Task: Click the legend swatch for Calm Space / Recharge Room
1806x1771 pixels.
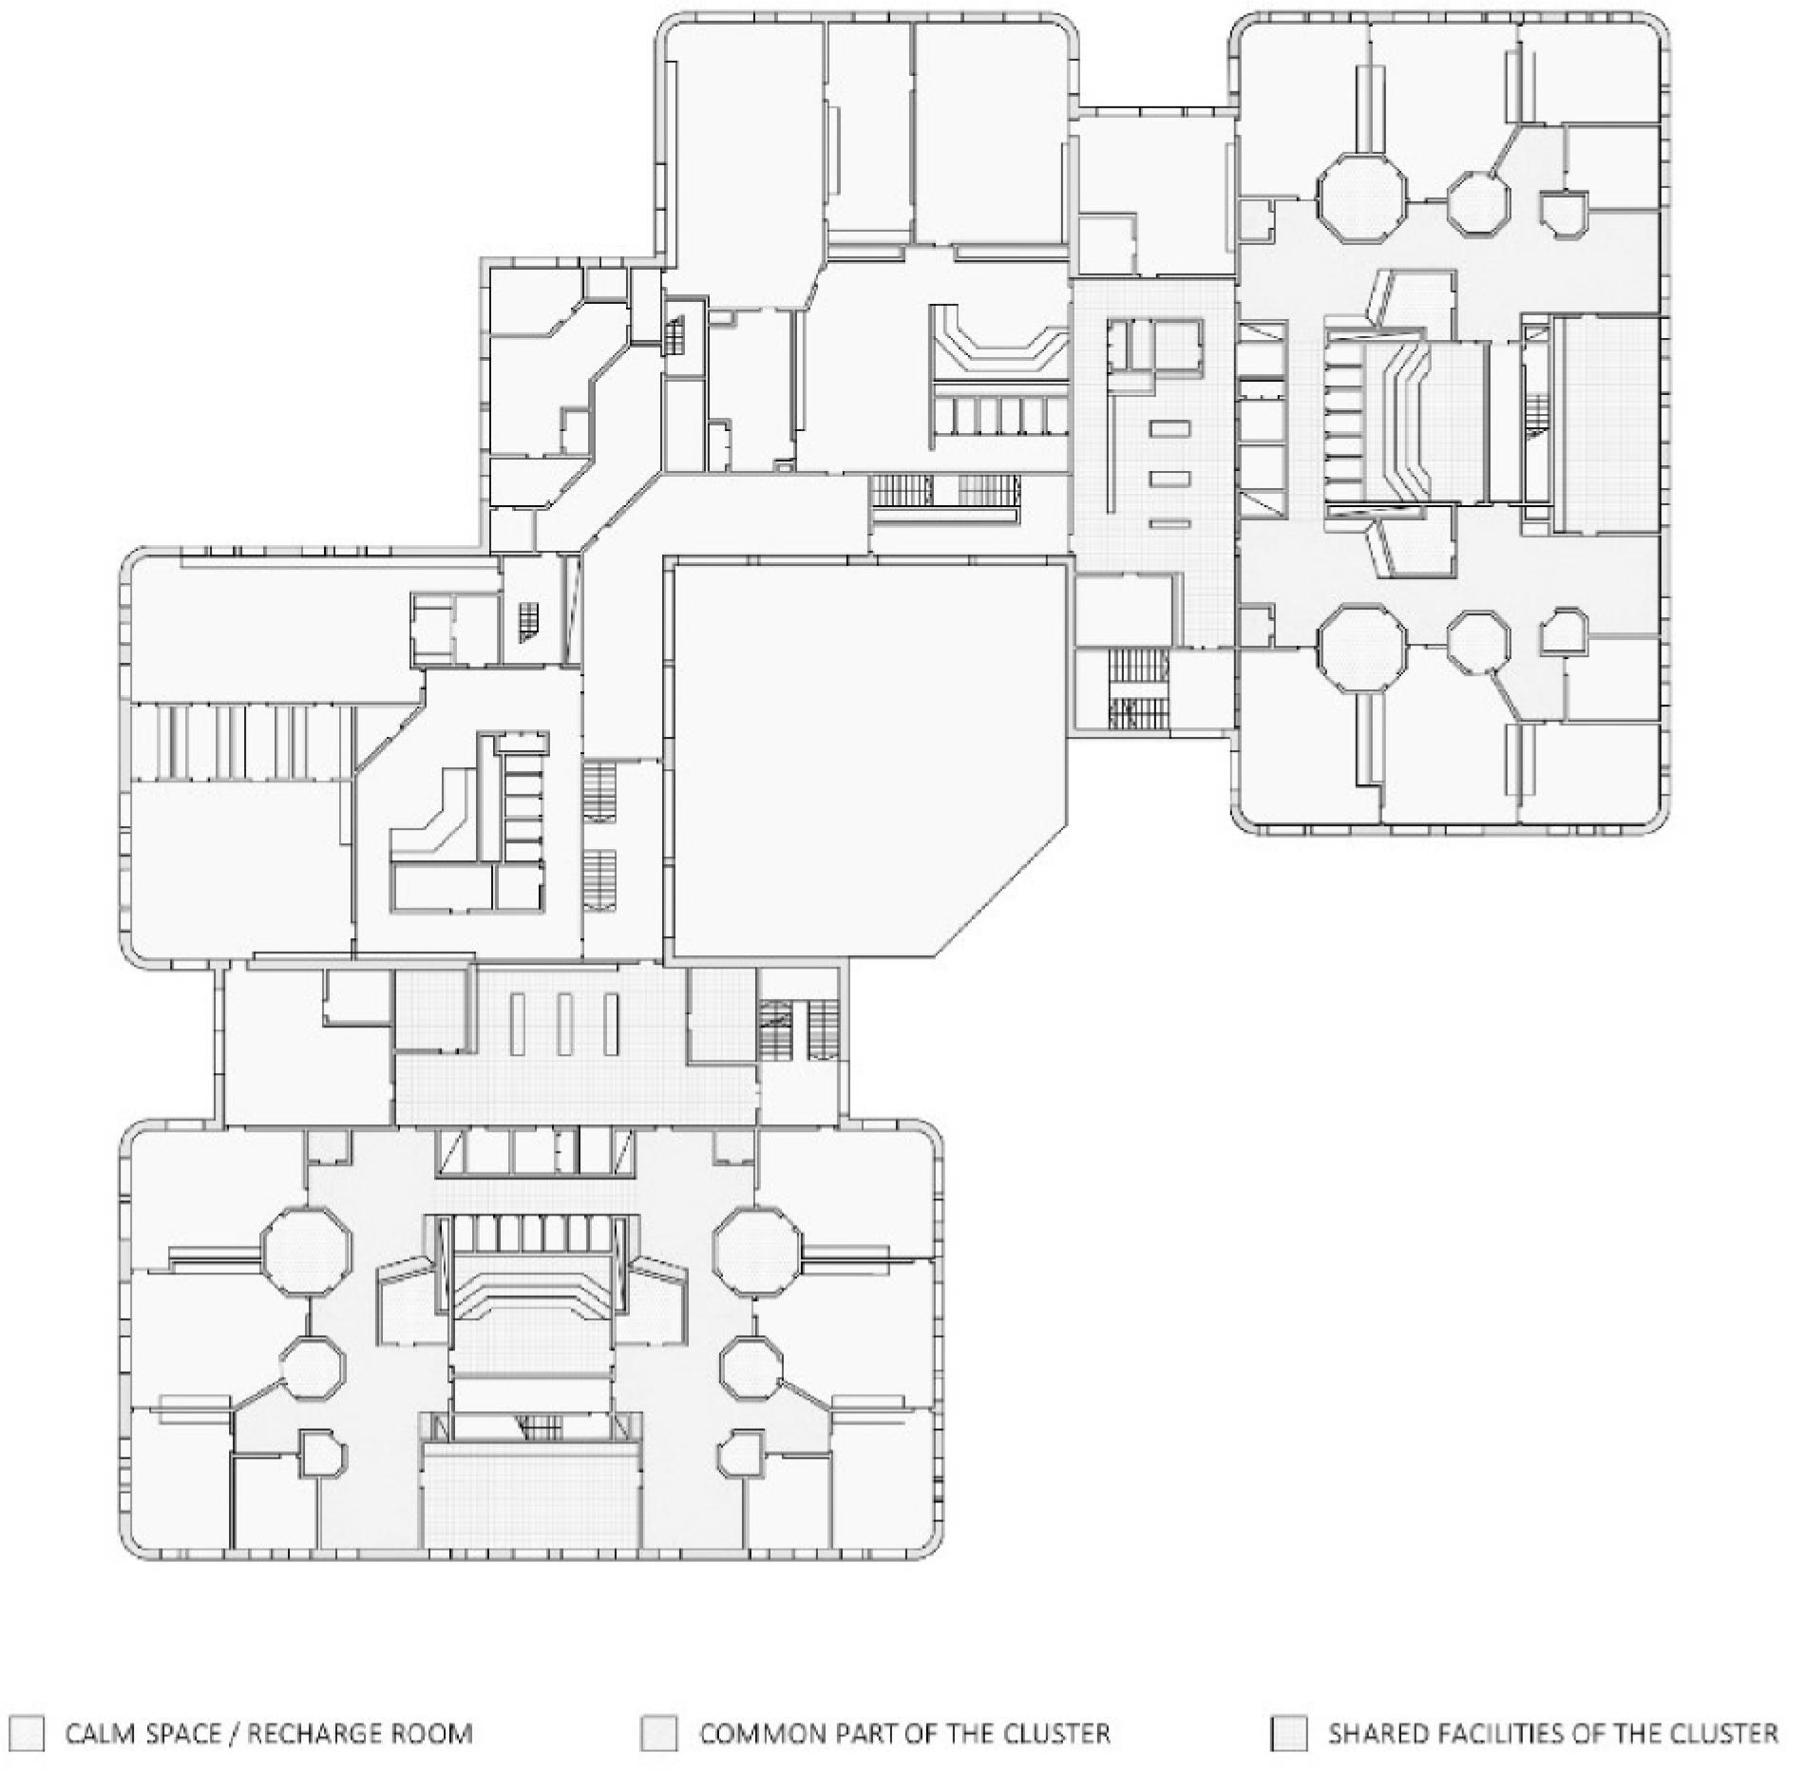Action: [x=27, y=1733]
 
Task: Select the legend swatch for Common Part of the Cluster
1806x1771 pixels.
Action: [x=659, y=1733]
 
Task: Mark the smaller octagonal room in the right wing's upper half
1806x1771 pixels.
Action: [x=1478, y=200]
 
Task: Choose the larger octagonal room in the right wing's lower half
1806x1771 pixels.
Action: [x=1361, y=647]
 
